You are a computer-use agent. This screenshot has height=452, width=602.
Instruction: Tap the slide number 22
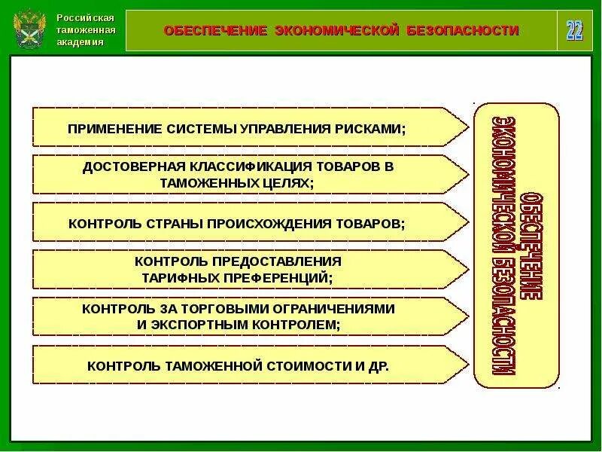tap(574, 31)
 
